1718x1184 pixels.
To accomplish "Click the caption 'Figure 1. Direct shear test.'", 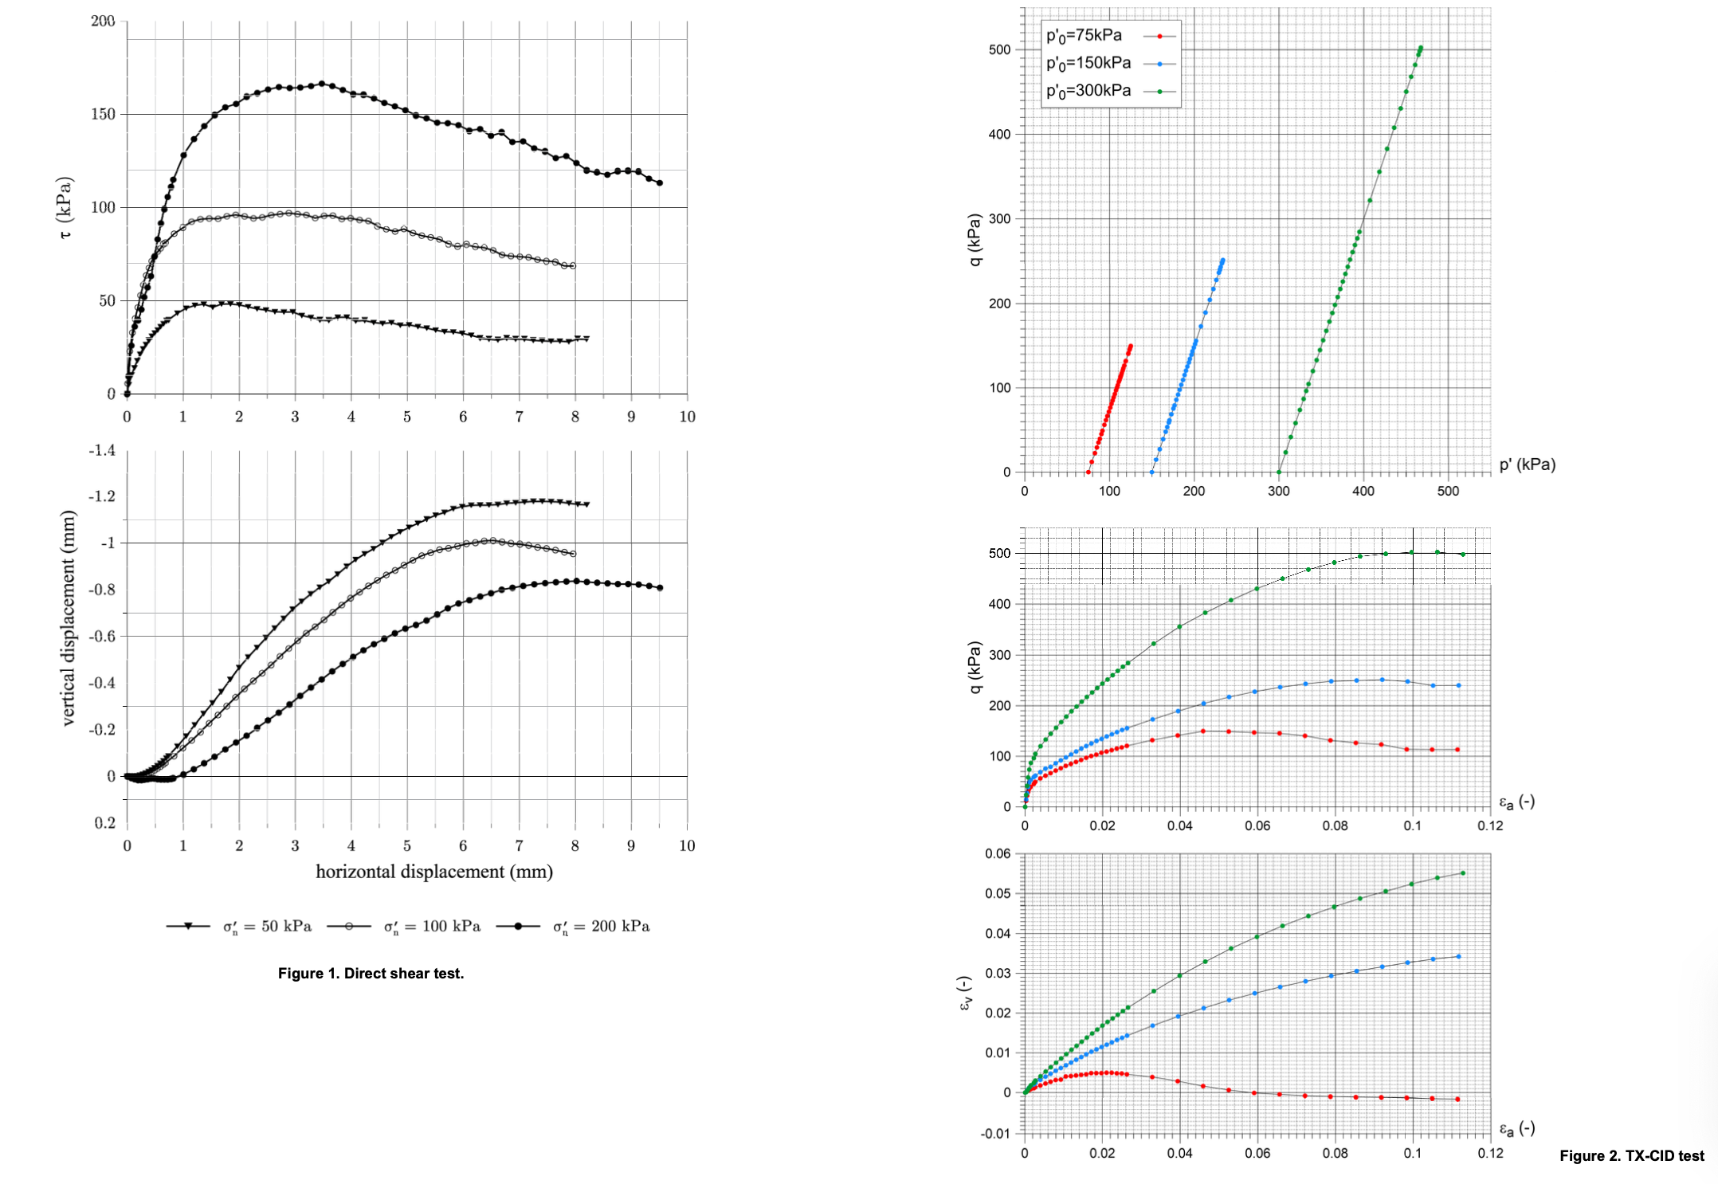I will [371, 973].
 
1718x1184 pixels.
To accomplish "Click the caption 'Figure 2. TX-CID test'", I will [1631, 1155].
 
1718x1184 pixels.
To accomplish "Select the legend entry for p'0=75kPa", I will [1084, 36].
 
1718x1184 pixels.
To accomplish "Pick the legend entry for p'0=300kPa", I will [1088, 91].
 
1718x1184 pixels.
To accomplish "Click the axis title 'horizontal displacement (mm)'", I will [434, 872].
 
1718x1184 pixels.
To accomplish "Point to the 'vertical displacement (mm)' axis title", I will [69, 617].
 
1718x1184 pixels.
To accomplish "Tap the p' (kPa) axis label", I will [1527, 465].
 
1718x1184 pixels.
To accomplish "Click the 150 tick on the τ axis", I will [103, 114].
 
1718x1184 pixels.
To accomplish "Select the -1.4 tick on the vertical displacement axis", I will [102, 450].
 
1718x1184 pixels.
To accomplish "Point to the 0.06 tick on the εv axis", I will [998, 853].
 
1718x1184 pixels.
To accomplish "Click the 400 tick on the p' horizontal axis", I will [1363, 491].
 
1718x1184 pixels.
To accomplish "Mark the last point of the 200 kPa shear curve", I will [660, 183].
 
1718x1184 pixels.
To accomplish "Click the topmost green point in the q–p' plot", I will [1420, 48].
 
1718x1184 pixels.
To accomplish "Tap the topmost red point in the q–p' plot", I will [1130, 347].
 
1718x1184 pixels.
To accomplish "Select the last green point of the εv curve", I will [1462, 873].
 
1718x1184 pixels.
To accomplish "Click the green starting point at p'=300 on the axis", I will [1279, 472].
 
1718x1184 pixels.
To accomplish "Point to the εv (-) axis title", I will [965, 994].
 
